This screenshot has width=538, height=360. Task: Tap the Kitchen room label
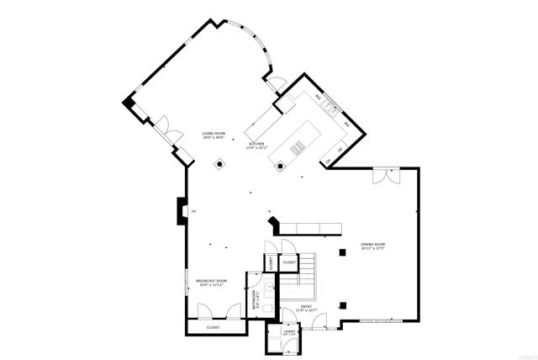[x=256, y=146]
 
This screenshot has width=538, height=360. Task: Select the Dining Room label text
[x=372, y=246]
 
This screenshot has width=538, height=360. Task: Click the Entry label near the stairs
[x=306, y=308]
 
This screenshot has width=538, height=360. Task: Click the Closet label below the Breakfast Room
[x=214, y=327]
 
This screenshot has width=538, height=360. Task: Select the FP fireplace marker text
[x=193, y=210]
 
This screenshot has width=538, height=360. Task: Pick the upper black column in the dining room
[x=341, y=252]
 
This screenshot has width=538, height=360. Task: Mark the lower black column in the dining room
[x=341, y=305]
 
